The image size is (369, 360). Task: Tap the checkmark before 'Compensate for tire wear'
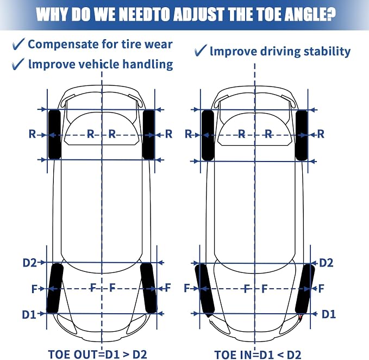pyautogui.click(x=18, y=44)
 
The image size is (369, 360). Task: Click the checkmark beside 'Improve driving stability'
pyautogui.click(x=201, y=50)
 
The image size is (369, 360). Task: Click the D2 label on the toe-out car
pyautogui.click(x=30, y=263)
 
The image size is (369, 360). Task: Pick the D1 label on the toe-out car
pyautogui.click(x=29, y=314)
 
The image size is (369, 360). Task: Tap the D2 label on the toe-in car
pyautogui.click(x=326, y=263)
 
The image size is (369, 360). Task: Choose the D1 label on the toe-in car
pyautogui.click(x=329, y=314)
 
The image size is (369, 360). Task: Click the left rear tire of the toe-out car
pyautogui.click(x=54, y=134)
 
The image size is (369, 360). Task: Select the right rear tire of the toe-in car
pyautogui.click(x=302, y=135)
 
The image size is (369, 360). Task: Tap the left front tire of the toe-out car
pyautogui.click(x=55, y=288)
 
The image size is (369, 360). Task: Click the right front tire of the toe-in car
pyautogui.click(x=305, y=289)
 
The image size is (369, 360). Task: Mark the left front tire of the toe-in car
pyautogui.click(x=205, y=289)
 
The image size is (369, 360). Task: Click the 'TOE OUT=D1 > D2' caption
pyautogui.click(x=98, y=354)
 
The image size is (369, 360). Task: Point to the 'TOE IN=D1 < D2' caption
pyautogui.click(x=258, y=355)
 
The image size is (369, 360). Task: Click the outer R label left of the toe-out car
pyautogui.click(x=32, y=134)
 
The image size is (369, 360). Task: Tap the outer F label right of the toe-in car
pyautogui.click(x=321, y=288)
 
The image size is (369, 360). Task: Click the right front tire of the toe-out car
pyautogui.click(x=148, y=288)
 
